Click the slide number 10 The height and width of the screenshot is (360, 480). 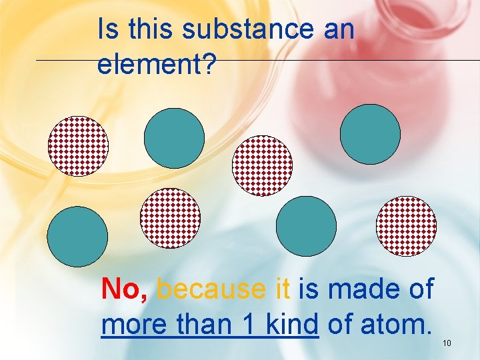(447, 343)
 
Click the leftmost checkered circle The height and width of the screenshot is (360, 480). (78, 145)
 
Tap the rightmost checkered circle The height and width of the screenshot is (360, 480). (406, 226)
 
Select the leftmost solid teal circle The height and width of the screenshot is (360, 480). (77, 237)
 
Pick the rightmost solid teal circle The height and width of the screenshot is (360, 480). (370, 134)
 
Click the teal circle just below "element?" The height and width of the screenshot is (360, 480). (175, 138)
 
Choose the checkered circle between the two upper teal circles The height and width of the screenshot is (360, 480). (262, 165)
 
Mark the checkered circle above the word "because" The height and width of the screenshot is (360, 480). (170, 218)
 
